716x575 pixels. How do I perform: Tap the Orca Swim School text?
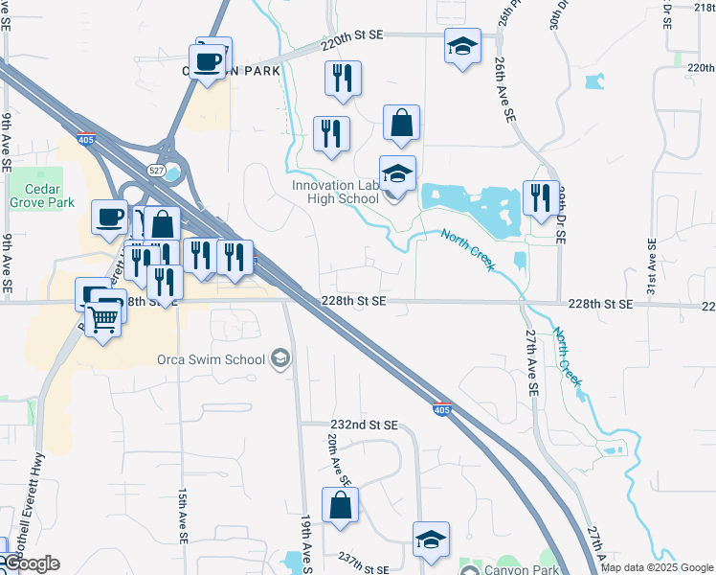212,360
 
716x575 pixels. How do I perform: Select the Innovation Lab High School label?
335,192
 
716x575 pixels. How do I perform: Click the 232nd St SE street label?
363,424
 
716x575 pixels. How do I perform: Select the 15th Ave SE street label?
181,517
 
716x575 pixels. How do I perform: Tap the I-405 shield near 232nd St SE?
441,409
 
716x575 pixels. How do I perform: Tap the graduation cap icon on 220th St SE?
462,46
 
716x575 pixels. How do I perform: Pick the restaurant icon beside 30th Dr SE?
541,198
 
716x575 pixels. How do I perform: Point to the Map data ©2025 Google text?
657,567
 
